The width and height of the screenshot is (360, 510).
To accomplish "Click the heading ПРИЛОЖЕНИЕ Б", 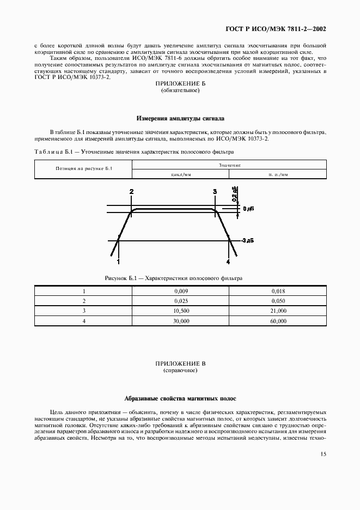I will (180, 84).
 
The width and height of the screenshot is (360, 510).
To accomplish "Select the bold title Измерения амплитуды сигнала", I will (180, 118).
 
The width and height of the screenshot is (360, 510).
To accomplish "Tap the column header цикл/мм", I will (180, 174).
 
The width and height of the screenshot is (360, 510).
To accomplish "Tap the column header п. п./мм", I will (278, 174).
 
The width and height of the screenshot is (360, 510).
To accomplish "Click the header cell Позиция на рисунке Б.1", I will (84, 169).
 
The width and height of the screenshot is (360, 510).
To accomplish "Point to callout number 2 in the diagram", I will (131, 191).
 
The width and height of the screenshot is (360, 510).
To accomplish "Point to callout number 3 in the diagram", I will (215, 191).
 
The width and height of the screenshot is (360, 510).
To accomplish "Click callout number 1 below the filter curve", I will (119, 262).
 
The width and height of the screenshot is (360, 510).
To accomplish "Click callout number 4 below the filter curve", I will (228, 262).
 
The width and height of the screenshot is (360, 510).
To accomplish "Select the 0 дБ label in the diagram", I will (248, 209).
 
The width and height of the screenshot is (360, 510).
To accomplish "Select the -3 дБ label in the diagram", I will (247, 240).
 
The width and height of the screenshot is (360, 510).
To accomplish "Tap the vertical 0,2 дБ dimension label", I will (234, 194).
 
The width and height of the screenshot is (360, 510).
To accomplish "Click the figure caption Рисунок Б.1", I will (174, 278).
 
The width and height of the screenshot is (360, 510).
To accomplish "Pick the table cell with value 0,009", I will (180, 291).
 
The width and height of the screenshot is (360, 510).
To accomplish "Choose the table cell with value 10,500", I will (180, 311).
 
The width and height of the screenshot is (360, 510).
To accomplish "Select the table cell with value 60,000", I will (278, 321).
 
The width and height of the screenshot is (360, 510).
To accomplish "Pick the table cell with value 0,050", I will (278, 301).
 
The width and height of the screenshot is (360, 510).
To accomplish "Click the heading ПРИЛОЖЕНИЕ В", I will (180, 363).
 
